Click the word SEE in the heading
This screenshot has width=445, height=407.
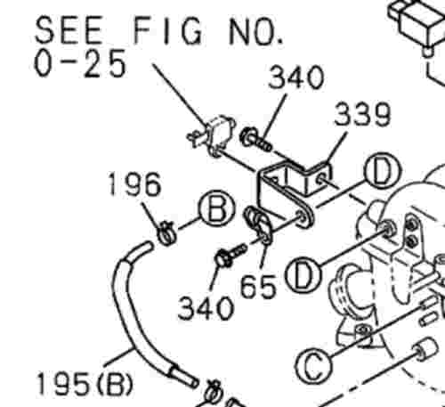pos(69,29)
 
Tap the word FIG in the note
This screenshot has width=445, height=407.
pos(168,30)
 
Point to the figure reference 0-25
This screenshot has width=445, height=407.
pos(79,64)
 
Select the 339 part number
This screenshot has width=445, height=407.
pos(362,114)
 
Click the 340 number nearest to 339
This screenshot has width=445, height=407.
pos(295,77)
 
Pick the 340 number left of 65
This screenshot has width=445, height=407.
pos(205,308)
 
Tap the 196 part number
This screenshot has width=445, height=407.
pos(135,184)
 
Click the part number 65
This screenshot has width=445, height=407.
pos(258,287)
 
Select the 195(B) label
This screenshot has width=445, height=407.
pos(85,384)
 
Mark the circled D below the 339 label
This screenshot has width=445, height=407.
pos(384,171)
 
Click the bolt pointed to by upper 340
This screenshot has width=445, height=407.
pos(256,141)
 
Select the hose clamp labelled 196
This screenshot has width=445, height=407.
pos(167,232)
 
